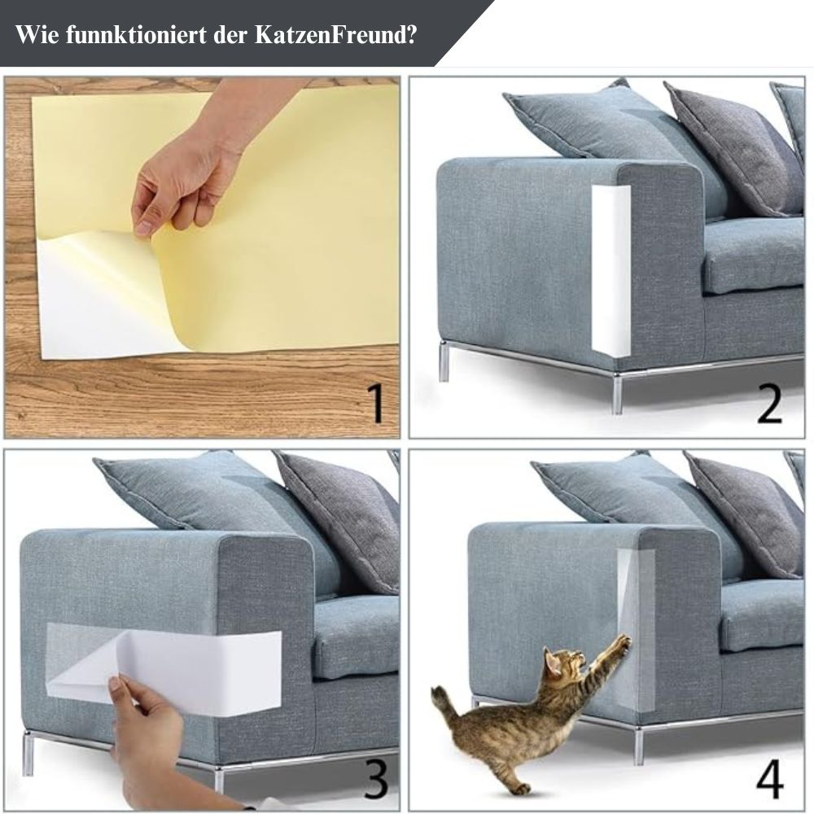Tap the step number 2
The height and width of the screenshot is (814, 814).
coord(769,404)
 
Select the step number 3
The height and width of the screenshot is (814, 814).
coord(376,778)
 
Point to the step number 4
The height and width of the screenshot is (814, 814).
coord(770,778)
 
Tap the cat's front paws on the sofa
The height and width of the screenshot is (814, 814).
coord(623,644)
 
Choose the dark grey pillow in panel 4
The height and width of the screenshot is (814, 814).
coord(746,513)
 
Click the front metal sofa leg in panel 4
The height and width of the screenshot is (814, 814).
coord(638,746)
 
